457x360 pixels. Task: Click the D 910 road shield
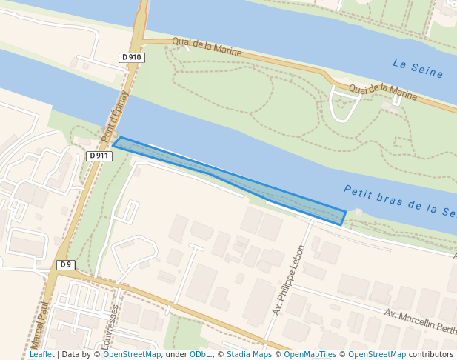coord(131,58)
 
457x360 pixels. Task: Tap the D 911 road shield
coord(99,156)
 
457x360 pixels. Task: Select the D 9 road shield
coord(66,264)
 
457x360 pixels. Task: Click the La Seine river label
coord(418,69)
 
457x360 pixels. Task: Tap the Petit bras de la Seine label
coord(398,201)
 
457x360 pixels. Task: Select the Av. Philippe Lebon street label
coord(288,280)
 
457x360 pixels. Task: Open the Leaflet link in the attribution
coord(41,355)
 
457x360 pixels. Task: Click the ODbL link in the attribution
coord(200,355)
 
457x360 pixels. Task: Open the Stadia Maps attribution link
coord(249,355)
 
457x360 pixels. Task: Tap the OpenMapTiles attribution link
coord(311,355)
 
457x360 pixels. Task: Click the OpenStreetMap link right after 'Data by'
coord(132,355)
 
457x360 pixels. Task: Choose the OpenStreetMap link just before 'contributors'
coord(376,355)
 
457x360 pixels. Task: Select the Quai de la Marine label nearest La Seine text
coord(382,91)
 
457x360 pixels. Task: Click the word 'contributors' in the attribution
coord(431,355)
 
